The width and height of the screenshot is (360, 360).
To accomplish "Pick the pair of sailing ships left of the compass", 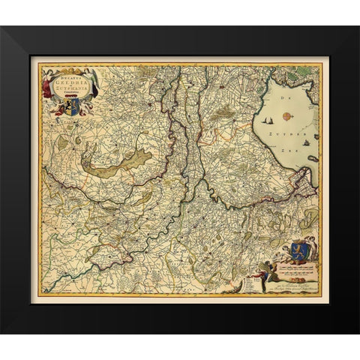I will tap(268, 118).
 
